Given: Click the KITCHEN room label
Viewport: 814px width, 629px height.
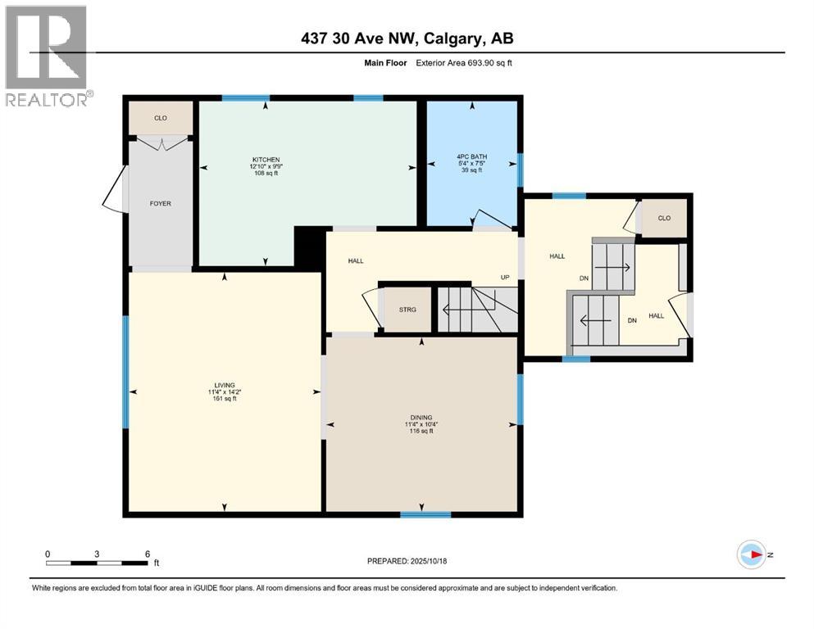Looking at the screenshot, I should tap(266, 159).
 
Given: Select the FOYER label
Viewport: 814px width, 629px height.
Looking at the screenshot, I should tap(161, 203).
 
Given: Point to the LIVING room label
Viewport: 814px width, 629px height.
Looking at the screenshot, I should tap(225, 385).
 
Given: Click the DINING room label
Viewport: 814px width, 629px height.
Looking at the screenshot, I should tap(421, 417).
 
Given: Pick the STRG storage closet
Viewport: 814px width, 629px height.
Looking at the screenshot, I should tap(407, 310).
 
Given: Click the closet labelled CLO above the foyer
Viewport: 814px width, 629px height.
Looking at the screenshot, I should tap(161, 118).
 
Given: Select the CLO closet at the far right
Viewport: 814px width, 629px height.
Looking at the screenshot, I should tap(664, 218).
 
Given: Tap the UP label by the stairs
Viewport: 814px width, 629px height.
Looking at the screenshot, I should tap(506, 277).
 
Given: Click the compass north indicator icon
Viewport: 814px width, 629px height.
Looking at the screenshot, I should tap(751, 554).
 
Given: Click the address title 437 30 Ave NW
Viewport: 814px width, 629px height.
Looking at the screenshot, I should tap(407, 38).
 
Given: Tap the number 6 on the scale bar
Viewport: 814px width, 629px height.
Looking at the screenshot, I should tap(147, 554).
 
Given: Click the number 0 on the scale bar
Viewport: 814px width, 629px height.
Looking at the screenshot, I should tap(48, 554).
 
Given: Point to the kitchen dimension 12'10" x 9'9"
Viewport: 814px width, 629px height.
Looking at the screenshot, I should tap(266, 166).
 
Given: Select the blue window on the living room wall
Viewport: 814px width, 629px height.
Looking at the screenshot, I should tap(126, 373).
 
